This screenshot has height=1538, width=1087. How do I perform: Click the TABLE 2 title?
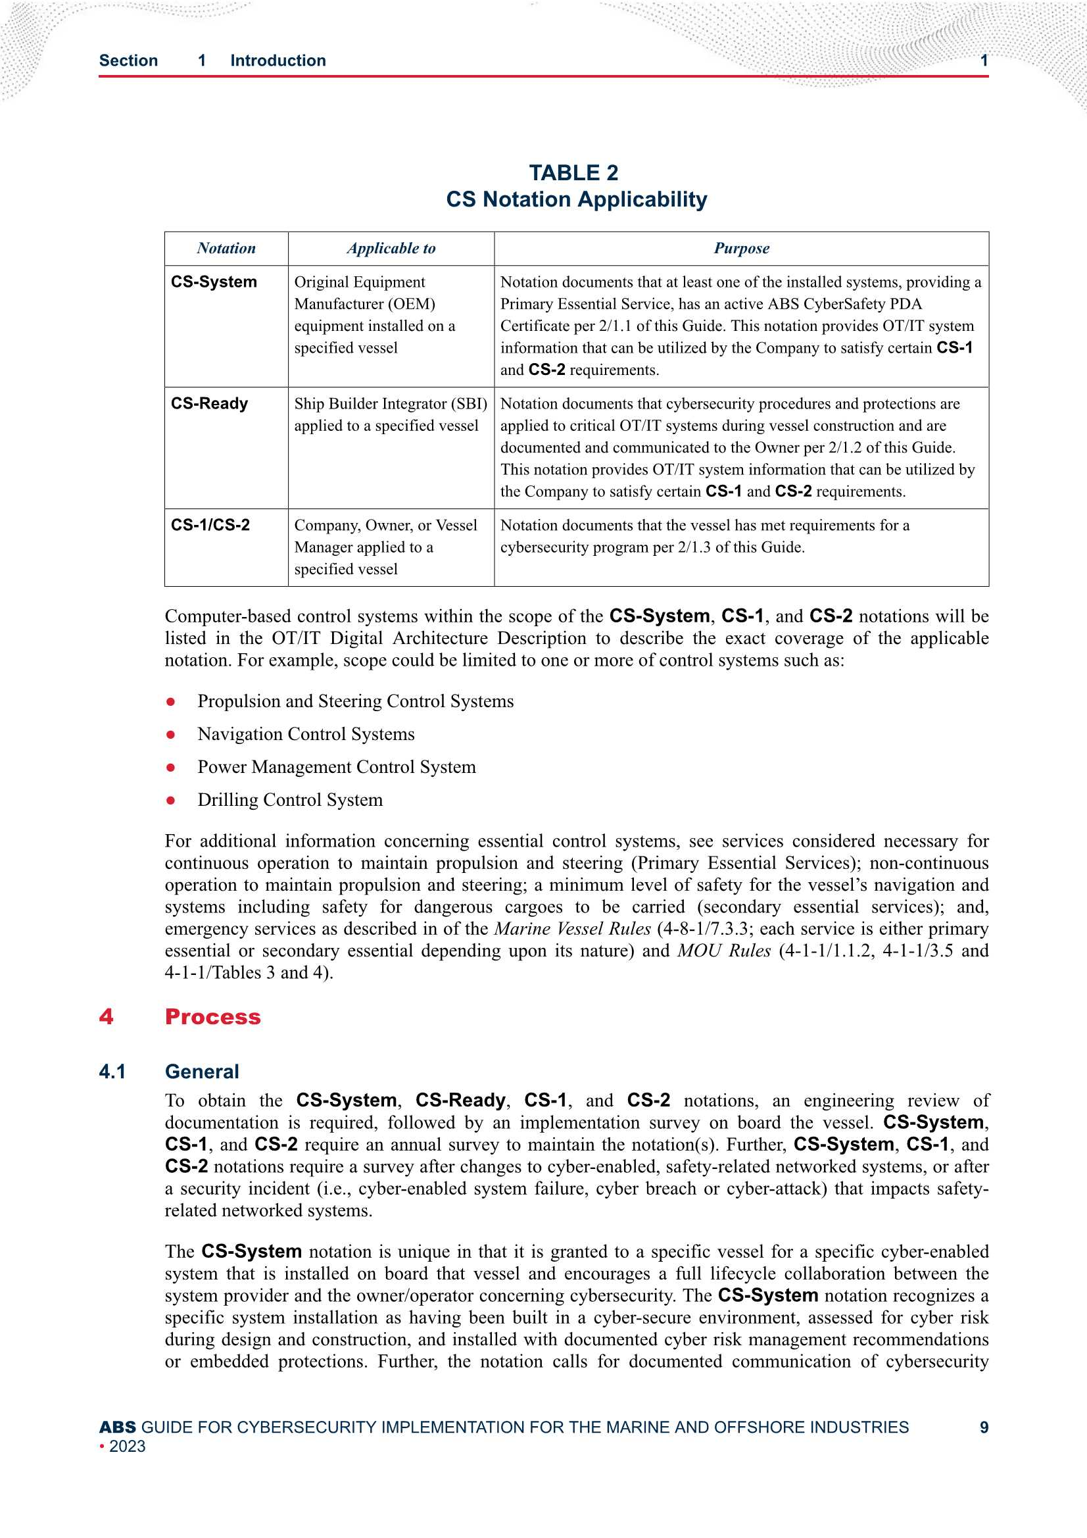(573, 173)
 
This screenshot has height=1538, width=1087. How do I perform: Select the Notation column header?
(226, 249)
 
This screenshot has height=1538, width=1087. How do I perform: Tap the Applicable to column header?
(391, 249)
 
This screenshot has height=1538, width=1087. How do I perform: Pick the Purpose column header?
(740, 249)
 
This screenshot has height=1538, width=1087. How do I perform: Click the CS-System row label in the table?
(214, 282)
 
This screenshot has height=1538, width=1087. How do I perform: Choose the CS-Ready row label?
(209, 404)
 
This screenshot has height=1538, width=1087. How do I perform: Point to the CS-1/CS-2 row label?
(210, 525)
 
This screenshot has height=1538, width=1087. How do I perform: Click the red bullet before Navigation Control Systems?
(171, 735)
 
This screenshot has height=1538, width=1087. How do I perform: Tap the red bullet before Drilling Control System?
(171, 801)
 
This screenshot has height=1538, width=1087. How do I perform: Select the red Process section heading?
(212, 1017)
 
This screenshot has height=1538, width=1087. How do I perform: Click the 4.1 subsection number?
(112, 1072)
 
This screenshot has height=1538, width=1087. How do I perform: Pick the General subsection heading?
(202, 1072)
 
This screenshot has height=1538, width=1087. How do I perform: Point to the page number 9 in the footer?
(983, 1427)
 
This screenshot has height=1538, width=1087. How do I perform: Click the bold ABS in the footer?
(117, 1427)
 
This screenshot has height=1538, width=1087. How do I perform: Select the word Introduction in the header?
(278, 61)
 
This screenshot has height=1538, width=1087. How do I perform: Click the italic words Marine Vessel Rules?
(572, 929)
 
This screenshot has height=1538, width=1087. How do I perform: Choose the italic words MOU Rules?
(723, 951)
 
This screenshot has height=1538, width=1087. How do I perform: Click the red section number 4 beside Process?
(106, 1017)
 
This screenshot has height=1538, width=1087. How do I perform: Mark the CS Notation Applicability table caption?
(576, 199)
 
